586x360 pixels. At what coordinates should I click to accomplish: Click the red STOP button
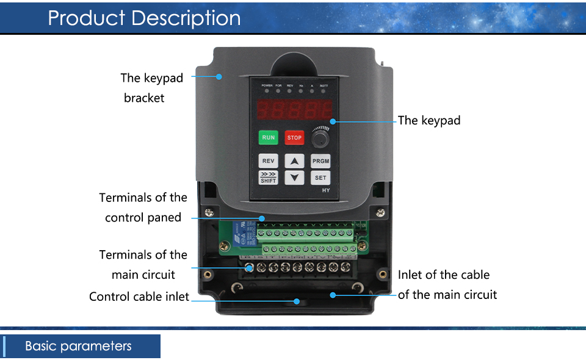point(294,138)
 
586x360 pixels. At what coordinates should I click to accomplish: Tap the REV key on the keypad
point(269,161)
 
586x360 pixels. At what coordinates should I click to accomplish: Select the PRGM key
point(320,161)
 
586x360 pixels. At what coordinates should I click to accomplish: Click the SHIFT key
point(269,178)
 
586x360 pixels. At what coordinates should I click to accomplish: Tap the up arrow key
point(295,161)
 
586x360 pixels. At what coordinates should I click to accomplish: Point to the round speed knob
point(320,139)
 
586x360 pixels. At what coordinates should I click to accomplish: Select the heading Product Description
point(144,18)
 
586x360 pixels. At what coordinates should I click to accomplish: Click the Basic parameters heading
point(78,346)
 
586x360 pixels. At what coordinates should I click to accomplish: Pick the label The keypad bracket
point(151,87)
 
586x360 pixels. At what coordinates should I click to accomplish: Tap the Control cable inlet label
point(139,297)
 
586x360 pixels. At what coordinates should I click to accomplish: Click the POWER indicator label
point(267,85)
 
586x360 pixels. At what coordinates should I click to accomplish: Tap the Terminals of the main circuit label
point(143,264)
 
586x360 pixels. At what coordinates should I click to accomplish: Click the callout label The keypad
point(429,120)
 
